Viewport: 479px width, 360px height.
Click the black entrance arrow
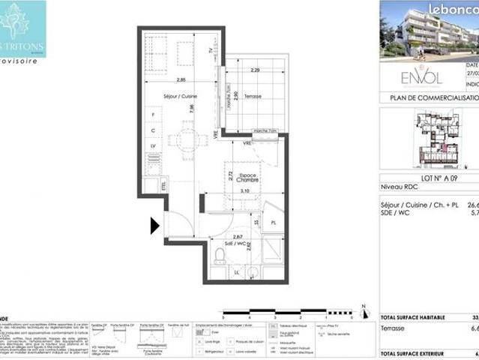pyautogui.click(x=155, y=225)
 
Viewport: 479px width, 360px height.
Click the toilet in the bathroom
pyautogui.click(x=220, y=256)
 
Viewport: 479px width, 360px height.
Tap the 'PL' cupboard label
pyautogui.click(x=274, y=223)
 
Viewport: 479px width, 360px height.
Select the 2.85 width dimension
pyautogui.click(x=181, y=79)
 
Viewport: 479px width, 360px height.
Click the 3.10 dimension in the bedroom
pyautogui.click(x=244, y=191)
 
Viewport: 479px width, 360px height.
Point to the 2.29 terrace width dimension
pyautogui.click(x=256, y=70)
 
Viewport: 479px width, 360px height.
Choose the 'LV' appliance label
pyautogui.click(x=154, y=145)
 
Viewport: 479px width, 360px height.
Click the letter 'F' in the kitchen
pyautogui.click(x=154, y=115)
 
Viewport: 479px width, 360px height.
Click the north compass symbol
pyautogui.click(x=363, y=310)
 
